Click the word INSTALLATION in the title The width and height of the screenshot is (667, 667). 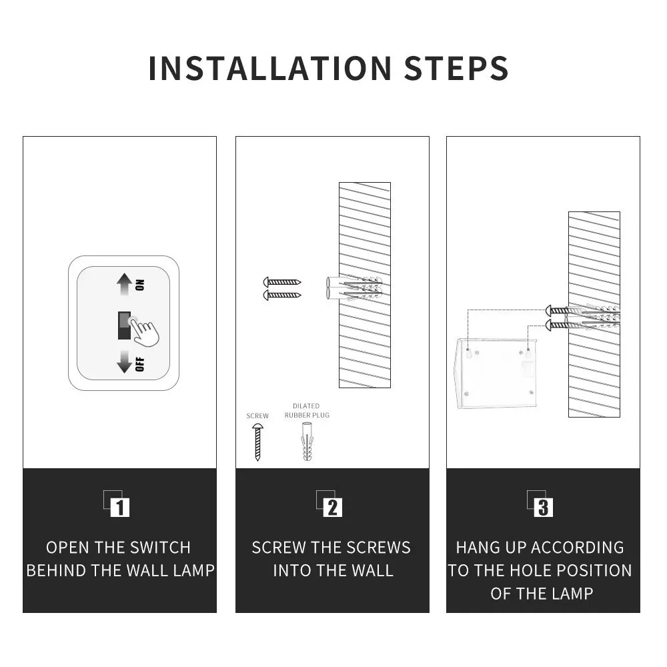coord(269,68)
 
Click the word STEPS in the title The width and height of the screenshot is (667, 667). coord(456,68)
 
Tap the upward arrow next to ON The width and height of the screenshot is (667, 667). coord(124,283)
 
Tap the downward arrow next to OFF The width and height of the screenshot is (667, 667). coord(124,362)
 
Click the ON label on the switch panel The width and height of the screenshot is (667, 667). coord(140,285)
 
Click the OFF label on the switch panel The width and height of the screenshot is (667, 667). coord(140,364)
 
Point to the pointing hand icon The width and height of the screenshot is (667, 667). coord(143,330)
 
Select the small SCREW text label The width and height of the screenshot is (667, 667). coord(257,416)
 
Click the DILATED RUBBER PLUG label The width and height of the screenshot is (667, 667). coord(307,410)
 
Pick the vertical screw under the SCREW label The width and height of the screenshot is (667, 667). coord(257,442)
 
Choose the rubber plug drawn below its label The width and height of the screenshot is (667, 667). coord(307,442)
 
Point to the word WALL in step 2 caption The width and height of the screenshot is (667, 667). coord(370,570)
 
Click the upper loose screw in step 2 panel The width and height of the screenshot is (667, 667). coord(282,282)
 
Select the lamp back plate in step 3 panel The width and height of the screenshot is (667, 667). coord(497,374)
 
